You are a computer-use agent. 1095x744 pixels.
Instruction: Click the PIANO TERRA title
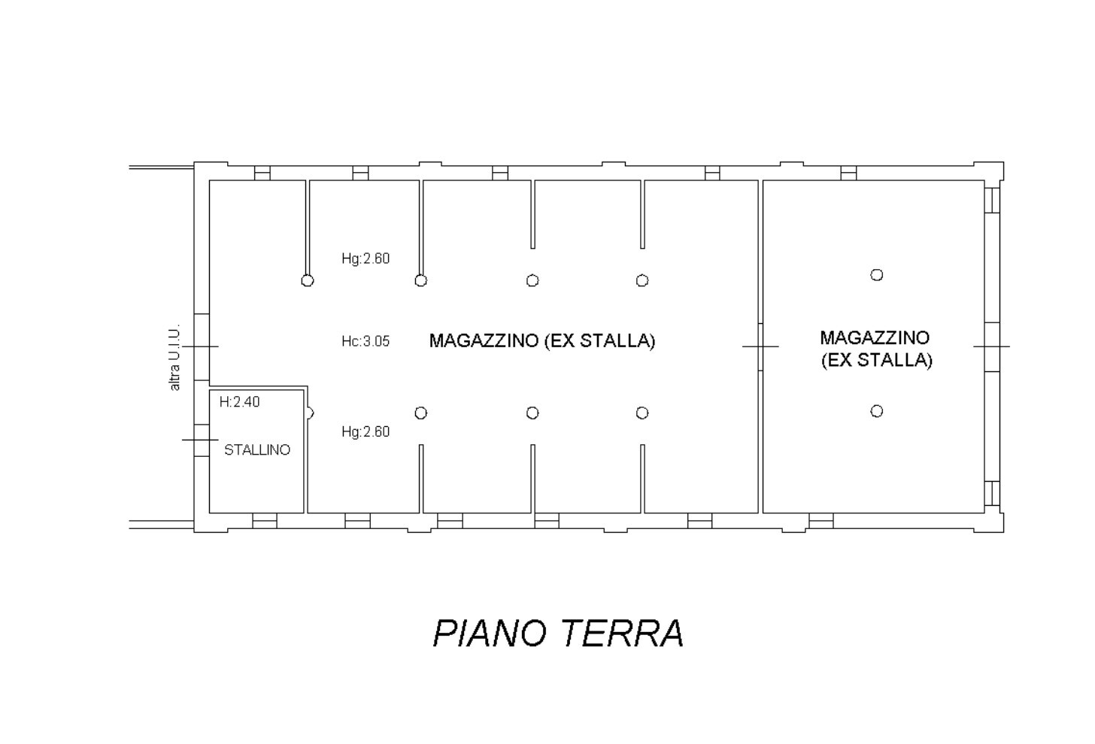558,634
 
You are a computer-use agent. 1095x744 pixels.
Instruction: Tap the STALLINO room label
257,450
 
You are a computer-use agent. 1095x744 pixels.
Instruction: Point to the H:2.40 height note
239,402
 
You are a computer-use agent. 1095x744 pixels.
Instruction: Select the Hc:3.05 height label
366,341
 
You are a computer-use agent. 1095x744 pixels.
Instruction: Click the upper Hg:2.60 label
366,259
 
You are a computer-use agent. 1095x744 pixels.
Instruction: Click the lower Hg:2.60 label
366,432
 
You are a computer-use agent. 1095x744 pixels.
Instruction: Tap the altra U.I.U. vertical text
174,357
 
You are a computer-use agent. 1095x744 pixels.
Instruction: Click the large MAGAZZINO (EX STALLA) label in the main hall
542,340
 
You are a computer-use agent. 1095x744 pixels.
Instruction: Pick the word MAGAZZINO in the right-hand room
875,337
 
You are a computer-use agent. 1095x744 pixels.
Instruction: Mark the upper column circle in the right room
877,275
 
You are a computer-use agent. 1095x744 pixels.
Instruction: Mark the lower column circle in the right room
877,411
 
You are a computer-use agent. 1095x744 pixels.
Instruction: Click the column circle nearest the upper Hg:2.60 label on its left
307,281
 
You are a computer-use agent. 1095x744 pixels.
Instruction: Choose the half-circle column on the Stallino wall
310,413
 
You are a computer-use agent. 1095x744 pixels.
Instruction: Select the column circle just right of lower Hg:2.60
421,413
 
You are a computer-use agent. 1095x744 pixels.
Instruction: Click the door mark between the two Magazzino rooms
760,347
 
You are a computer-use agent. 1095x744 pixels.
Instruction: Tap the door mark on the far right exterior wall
992,347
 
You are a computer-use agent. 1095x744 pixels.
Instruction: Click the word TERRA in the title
623,634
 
